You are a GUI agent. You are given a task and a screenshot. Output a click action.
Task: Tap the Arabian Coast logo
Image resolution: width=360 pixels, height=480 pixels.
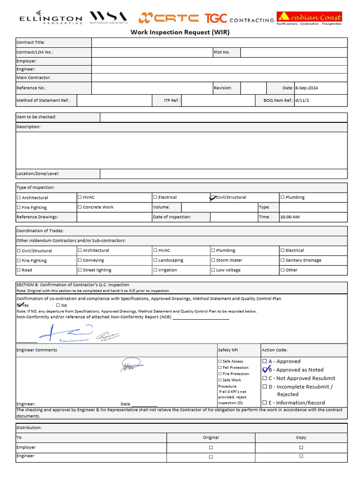pos(309,18)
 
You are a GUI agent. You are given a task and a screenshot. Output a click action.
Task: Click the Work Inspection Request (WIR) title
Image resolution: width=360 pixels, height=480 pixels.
pos(180,32)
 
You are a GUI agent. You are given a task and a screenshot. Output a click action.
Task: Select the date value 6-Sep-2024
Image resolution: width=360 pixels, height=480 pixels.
pos(307,88)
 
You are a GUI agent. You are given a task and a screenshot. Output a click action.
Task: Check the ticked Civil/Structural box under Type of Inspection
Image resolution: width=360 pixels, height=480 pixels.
pos(213,197)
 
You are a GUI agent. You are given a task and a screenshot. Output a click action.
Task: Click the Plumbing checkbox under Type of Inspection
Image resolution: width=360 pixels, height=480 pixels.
pos(283,197)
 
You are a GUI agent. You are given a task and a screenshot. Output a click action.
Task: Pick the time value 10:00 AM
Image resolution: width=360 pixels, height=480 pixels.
pos(290,217)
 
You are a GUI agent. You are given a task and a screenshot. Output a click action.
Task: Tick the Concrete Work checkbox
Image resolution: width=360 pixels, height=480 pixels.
pos(80,207)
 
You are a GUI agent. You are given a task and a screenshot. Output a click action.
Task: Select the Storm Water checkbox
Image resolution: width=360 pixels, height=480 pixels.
pos(213,260)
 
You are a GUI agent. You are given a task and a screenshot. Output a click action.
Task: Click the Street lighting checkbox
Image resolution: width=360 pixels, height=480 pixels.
pos(80,270)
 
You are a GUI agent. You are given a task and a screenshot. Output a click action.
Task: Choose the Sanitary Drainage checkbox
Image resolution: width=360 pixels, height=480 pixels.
pos(283,260)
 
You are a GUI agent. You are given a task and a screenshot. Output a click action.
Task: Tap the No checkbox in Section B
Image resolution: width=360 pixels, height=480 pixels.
pos(58,305)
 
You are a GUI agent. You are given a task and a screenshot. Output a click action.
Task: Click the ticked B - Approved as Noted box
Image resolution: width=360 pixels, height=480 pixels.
pos(265,370)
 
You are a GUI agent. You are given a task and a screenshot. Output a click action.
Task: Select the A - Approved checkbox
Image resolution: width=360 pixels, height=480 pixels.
pos(265,361)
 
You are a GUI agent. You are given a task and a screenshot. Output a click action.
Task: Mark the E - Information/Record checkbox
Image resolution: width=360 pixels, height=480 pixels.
pos(265,403)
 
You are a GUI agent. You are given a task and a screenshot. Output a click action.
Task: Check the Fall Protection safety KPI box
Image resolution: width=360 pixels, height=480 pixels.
pos(220,367)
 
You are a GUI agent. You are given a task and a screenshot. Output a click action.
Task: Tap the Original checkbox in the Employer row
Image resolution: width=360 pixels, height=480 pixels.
pos(211,448)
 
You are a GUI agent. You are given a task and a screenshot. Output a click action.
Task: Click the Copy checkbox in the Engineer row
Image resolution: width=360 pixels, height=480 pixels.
pos(301,456)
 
